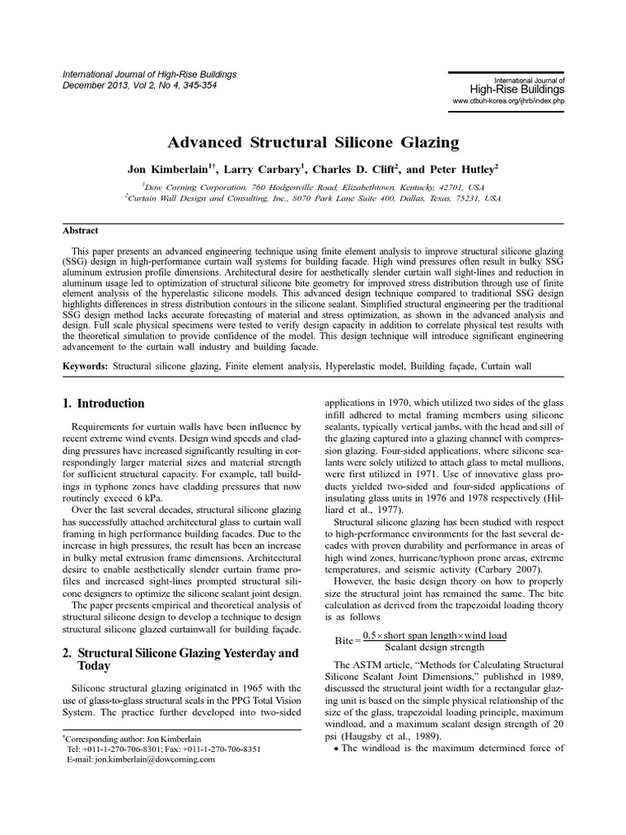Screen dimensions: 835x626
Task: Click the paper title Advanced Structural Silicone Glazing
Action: click(313, 143)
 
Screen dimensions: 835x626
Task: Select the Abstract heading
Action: click(81, 231)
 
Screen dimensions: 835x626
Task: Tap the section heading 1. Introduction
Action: click(104, 403)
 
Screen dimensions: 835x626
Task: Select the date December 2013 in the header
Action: click(93, 85)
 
